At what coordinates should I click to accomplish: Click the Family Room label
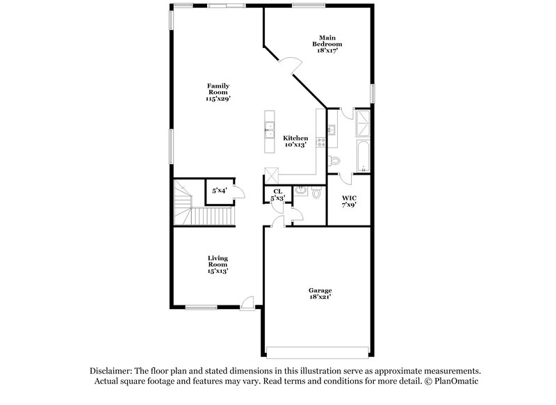(x=218, y=93)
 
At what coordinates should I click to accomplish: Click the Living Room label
(x=218, y=264)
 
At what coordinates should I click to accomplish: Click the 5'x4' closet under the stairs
(x=220, y=191)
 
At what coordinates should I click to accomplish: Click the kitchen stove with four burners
(x=322, y=141)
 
